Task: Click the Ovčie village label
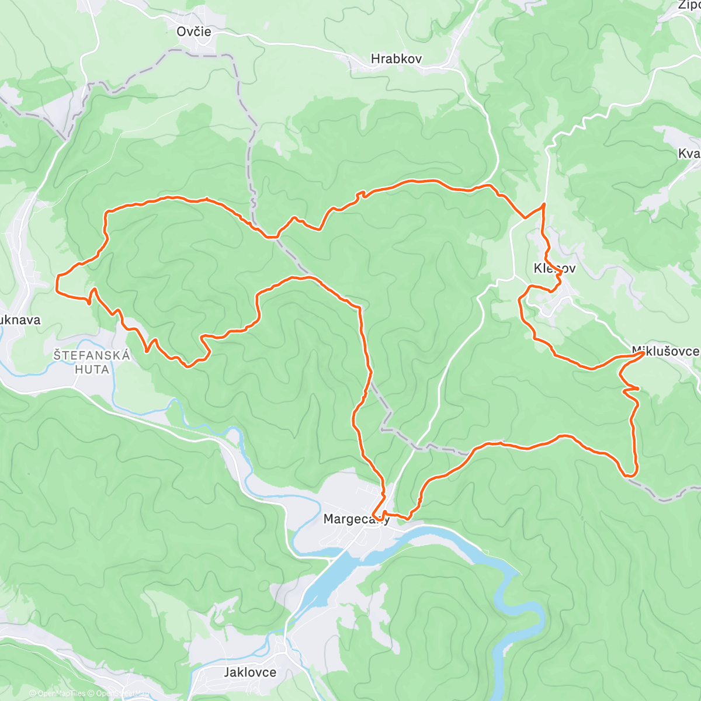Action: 194,32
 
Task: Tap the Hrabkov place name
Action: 396,59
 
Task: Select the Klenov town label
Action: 554,269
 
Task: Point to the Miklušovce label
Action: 665,351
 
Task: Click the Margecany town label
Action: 356,519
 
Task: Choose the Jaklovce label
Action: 250,672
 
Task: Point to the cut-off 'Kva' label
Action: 689,154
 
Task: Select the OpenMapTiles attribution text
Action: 57,693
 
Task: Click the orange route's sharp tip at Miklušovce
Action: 643,353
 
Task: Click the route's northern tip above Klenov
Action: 544,204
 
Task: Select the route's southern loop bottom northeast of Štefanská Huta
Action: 187,366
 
